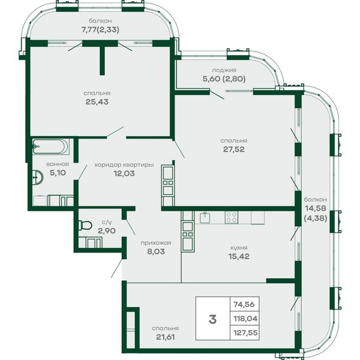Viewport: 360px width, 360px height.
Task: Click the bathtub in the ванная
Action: coord(50,146)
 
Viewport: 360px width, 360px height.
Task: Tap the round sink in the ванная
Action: coord(37,177)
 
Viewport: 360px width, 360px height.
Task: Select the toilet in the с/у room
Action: coord(85,225)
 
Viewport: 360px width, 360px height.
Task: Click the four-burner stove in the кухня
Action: coord(232,217)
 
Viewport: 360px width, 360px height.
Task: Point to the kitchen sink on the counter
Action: coord(205,217)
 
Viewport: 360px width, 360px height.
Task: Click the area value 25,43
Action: coord(97,102)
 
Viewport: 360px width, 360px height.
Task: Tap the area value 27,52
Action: coord(234,149)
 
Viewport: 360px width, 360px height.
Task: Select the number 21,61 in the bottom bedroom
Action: coord(166,337)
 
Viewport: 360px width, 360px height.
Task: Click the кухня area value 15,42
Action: coord(239,256)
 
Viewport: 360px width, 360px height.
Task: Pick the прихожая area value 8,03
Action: coord(156,251)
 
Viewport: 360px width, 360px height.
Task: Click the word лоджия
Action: coord(224,70)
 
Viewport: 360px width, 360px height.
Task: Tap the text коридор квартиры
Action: coord(124,165)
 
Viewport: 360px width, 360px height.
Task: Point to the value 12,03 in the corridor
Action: coord(124,173)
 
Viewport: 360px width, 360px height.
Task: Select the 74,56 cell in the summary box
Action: coord(244,304)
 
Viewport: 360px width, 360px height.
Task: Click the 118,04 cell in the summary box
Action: coord(245,319)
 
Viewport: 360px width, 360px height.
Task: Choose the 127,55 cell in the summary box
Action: coord(245,332)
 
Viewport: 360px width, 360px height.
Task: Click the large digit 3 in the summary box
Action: coord(213,319)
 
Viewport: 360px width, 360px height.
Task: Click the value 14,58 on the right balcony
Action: coord(316,208)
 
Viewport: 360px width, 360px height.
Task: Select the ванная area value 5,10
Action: coord(58,173)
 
